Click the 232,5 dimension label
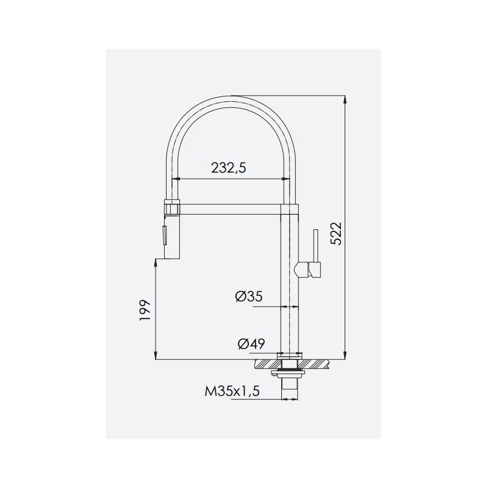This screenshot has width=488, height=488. (229, 168)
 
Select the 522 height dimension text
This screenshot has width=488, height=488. (336, 234)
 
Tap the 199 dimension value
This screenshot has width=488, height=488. (145, 311)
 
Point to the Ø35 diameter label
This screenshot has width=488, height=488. (249, 296)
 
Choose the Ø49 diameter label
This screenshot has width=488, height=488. (251, 344)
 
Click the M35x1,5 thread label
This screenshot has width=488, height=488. (232, 391)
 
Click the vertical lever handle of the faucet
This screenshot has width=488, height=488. (316, 246)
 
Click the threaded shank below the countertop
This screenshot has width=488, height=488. (290, 389)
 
